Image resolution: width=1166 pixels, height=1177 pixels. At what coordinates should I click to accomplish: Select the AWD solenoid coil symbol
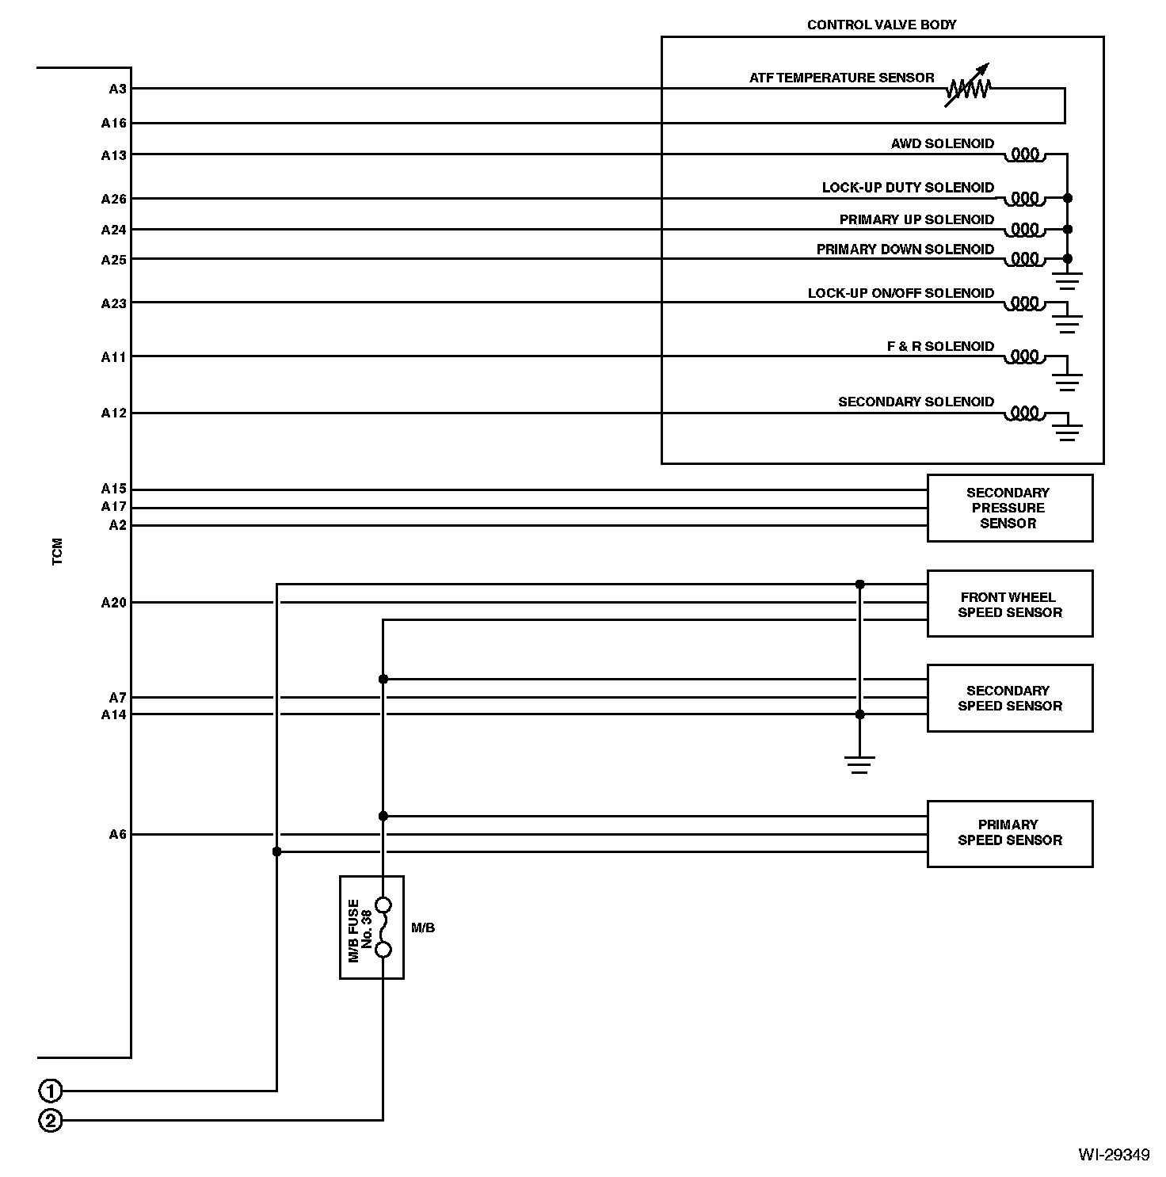point(1025,154)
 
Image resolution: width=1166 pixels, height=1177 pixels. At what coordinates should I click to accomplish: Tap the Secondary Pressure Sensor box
point(1009,508)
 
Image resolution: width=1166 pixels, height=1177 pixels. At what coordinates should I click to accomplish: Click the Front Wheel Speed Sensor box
point(1009,604)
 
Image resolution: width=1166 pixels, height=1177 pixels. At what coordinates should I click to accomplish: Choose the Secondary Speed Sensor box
point(1009,698)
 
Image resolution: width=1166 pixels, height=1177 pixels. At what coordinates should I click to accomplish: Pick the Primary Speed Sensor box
point(1009,832)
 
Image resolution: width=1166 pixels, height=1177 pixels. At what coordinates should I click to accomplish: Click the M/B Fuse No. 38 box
point(372,927)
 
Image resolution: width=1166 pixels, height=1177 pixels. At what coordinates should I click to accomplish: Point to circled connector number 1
point(50,1091)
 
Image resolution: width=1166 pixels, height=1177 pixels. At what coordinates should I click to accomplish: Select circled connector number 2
point(50,1121)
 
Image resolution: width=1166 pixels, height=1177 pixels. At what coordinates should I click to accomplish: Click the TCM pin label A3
point(117,89)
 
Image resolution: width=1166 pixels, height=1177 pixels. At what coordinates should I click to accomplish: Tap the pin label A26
point(113,199)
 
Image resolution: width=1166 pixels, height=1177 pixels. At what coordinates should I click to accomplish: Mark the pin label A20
point(113,603)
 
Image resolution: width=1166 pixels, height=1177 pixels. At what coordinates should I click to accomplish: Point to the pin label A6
point(117,834)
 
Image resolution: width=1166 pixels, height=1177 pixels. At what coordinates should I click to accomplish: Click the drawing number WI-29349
point(1113,1154)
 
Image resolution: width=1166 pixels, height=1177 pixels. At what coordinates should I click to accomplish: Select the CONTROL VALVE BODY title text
point(882,25)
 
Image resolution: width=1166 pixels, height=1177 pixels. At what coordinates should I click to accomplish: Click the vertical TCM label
point(57,552)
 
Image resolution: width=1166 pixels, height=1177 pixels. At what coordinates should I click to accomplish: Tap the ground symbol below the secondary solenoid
point(1067,432)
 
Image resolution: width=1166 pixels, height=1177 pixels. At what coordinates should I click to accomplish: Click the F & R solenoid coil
point(1025,356)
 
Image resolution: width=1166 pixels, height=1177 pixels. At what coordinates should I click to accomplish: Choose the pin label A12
point(113,413)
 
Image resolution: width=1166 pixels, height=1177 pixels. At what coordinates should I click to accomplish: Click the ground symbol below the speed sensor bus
point(859,765)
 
